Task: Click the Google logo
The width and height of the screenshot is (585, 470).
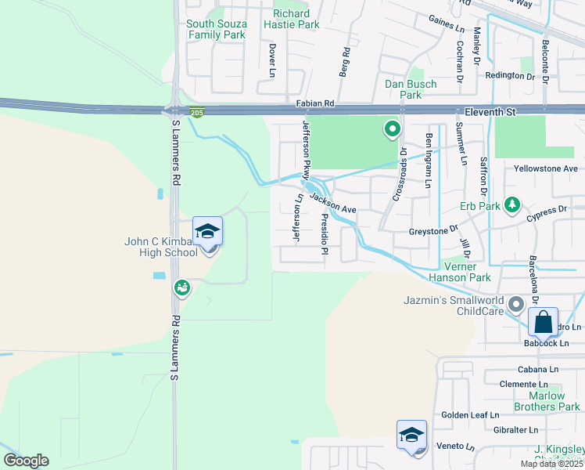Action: click(x=26, y=461)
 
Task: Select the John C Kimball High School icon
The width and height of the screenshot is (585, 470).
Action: click(x=208, y=232)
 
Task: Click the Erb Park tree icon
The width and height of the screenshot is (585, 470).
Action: click(x=512, y=204)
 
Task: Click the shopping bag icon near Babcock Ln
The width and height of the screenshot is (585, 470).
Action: click(x=543, y=322)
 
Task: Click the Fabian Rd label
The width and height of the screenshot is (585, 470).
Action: click(x=314, y=103)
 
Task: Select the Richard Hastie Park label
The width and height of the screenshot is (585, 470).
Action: click(x=297, y=19)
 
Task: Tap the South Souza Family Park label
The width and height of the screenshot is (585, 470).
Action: click(x=217, y=29)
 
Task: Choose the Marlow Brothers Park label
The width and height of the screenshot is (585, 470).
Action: click(x=548, y=401)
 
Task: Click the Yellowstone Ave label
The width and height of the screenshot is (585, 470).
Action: click(x=545, y=168)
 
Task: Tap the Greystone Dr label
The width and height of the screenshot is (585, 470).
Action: click(x=433, y=231)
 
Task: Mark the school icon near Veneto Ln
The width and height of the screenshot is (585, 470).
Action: click(x=411, y=436)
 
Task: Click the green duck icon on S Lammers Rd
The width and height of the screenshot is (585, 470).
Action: click(x=182, y=288)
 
